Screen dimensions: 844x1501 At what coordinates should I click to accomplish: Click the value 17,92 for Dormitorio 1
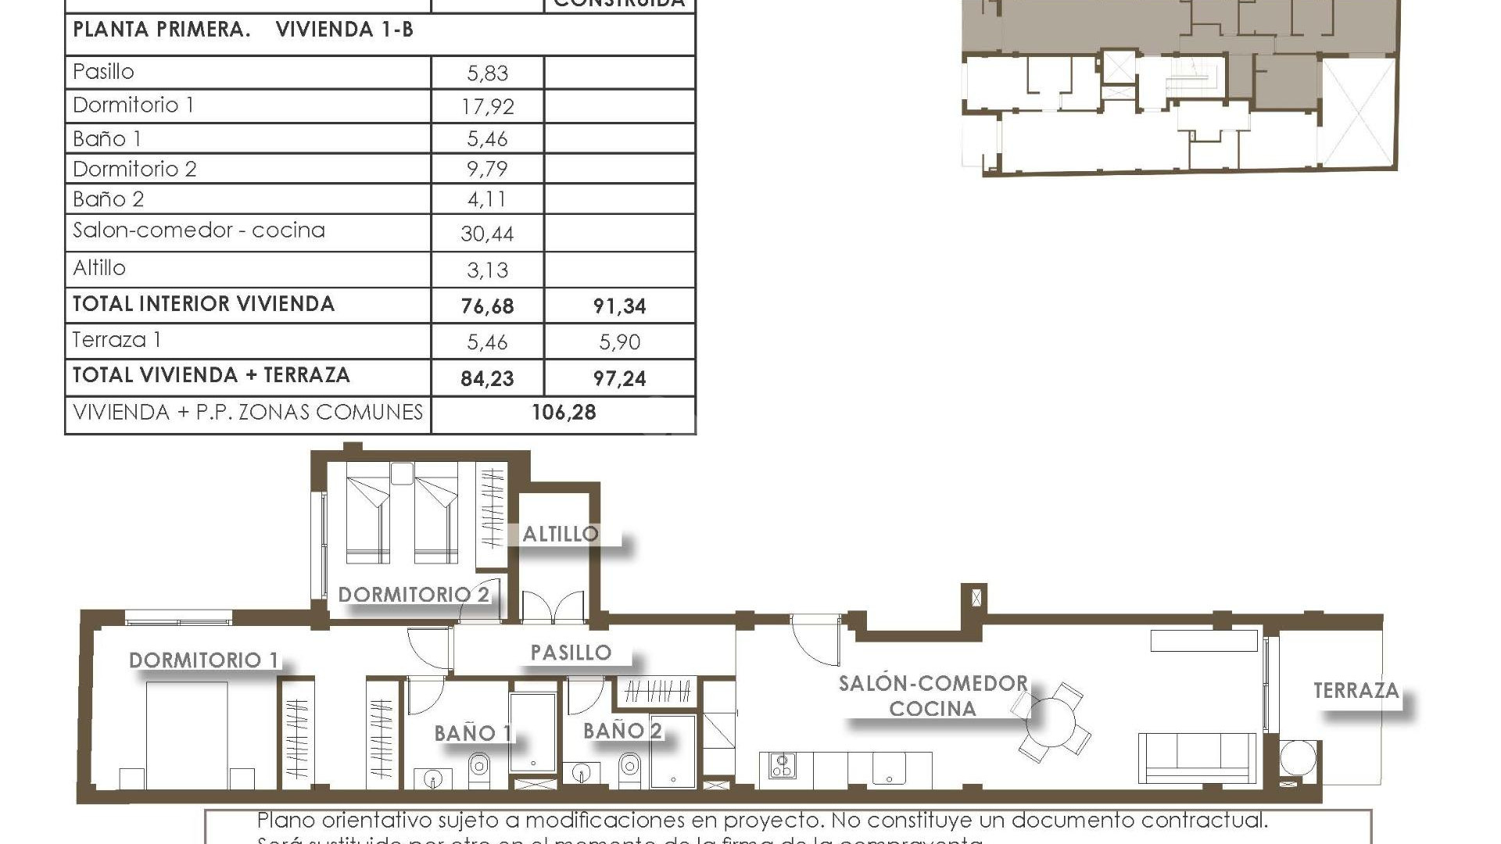pos(487,106)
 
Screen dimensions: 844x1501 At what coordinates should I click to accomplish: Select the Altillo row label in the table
pos(99,268)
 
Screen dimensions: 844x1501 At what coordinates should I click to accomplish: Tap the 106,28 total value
pos(564,413)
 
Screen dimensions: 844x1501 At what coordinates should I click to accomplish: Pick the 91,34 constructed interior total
pos(619,306)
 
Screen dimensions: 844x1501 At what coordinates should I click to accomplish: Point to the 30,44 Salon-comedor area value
pos(487,234)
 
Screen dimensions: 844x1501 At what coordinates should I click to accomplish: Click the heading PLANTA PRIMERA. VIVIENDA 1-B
pos(243,30)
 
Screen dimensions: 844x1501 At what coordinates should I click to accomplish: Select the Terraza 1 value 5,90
pos(619,342)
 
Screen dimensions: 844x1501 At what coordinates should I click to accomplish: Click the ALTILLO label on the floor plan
pos(561,535)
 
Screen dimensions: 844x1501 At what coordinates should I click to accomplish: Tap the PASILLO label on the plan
pos(571,653)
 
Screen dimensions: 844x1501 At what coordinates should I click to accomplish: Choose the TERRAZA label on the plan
pos(1356,691)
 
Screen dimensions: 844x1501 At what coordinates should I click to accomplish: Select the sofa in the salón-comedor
pos(1197,758)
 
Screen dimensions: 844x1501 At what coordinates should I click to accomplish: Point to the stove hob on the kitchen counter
pos(782,764)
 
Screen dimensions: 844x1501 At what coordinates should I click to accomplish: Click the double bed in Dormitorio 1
pos(187,735)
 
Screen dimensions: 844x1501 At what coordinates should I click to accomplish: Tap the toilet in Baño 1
pos(479,770)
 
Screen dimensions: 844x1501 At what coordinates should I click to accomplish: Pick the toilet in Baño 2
pos(629,770)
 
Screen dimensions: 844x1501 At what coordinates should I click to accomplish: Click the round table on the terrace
pos(1298,758)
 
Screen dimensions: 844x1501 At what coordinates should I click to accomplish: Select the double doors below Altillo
pos(553,608)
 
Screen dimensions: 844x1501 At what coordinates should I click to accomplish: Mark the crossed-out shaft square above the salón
pos(976,599)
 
